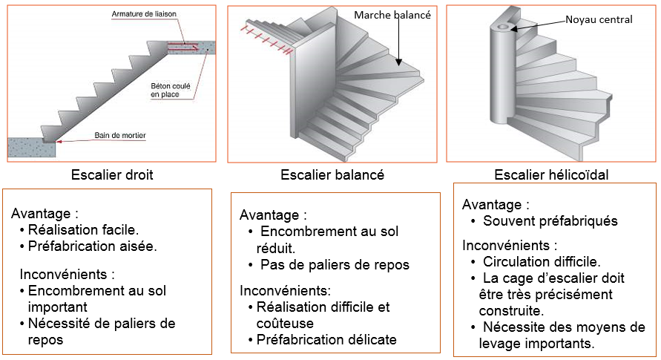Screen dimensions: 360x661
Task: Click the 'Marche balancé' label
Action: tap(392, 15)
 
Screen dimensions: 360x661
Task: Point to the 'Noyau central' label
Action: tap(597, 20)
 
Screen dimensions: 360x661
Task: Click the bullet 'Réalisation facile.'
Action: tap(82, 230)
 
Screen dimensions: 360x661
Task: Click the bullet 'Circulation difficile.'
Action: tap(542, 261)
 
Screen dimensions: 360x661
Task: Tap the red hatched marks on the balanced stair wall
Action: tap(266, 38)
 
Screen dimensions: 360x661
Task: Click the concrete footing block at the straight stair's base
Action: tap(31, 147)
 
